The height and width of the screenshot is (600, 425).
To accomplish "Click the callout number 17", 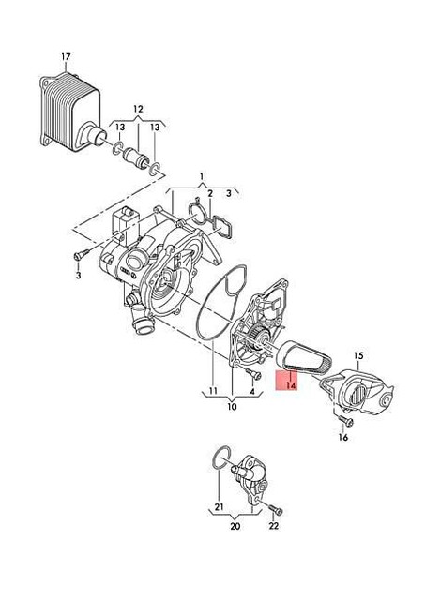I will coord(66,56).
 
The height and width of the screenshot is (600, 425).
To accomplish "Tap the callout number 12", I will coord(138,108).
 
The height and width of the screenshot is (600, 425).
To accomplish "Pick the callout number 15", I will coord(357,355).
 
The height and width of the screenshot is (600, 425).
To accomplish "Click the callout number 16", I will coord(342,437).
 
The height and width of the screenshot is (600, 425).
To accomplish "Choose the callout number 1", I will coord(201,175).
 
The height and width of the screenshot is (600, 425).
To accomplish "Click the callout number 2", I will coord(211,193).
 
